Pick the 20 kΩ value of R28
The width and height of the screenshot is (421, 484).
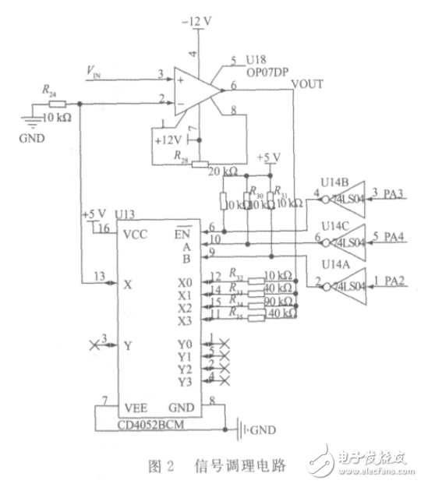pos(223,170)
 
